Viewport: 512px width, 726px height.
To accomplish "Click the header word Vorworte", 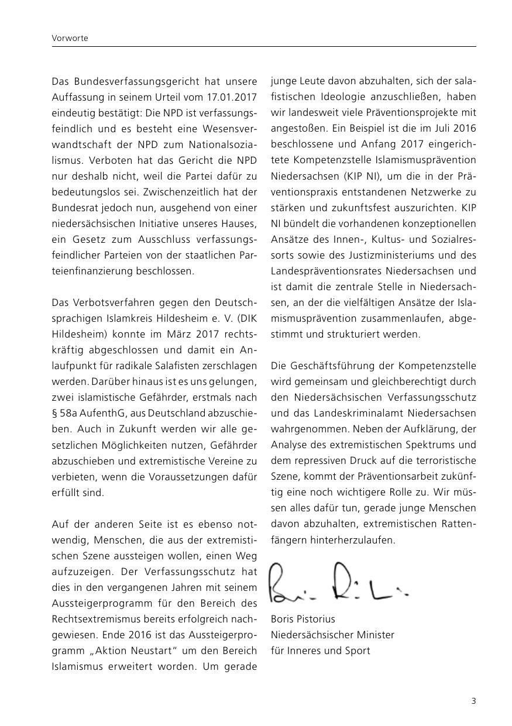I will [x=69, y=38].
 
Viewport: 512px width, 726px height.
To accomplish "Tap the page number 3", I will [x=473, y=701].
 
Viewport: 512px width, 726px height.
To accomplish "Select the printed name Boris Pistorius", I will [x=303, y=619].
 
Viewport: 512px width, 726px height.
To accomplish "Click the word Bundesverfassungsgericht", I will [x=125, y=81].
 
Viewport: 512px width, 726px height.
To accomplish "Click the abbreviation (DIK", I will [x=244, y=318].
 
